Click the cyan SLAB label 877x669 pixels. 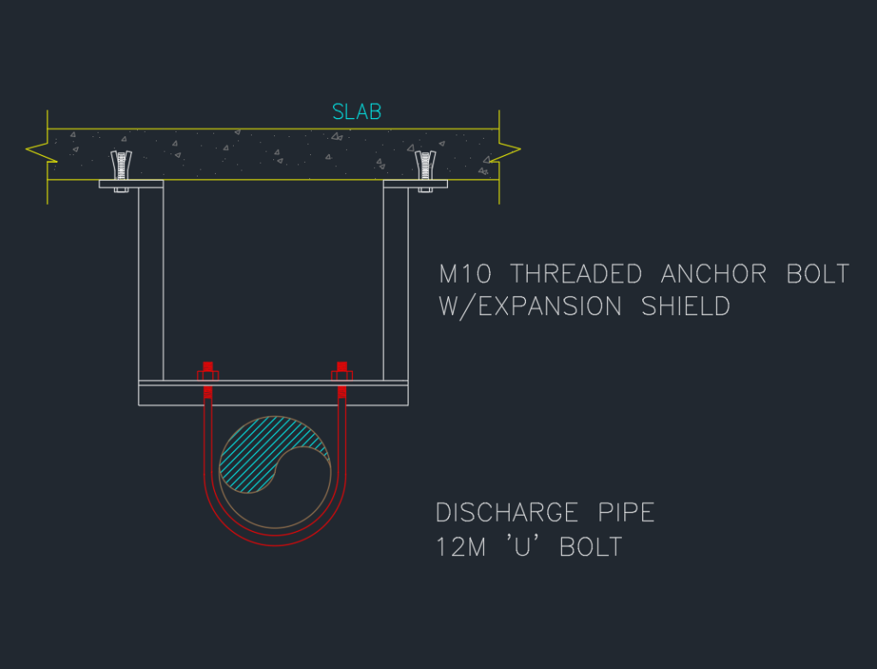[356, 112]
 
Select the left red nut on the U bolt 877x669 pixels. [207, 372]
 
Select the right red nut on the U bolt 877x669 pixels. [342, 372]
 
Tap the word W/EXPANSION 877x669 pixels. [531, 306]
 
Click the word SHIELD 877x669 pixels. [685, 306]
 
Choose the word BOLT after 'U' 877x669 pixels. [591, 547]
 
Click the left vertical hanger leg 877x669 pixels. [151, 283]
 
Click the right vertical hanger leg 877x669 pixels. [395, 283]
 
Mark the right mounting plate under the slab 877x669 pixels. [415, 183]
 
